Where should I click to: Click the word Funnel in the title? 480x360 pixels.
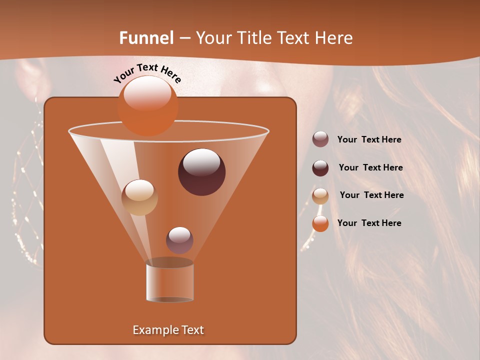coord(146,38)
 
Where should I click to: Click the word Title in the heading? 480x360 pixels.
coord(253,38)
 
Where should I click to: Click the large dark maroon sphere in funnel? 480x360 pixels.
coord(201,172)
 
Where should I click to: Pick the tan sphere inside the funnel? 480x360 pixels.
coord(139,197)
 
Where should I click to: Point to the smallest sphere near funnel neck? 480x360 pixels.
coord(179,240)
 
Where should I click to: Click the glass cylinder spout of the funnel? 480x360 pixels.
coord(169,281)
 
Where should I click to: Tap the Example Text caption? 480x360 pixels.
coord(168,330)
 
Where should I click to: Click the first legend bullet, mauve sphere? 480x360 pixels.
coord(320,139)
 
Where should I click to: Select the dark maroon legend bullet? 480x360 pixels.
coord(320,168)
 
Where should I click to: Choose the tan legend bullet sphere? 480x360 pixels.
coord(320,196)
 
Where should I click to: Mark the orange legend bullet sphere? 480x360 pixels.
coord(320,223)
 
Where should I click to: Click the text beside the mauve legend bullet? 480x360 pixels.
coord(369,140)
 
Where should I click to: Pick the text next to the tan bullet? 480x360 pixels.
coord(371,195)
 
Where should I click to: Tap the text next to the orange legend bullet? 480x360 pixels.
coord(369,223)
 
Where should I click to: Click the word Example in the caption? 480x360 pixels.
coord(152,330)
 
